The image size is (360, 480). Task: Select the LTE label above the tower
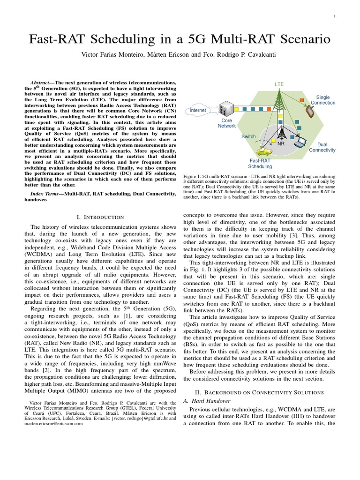[x=279, y=84]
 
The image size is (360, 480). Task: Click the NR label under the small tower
[x=281, y=143]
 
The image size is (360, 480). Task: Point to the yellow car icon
[x=264, y=151]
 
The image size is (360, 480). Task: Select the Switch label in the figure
[x=248, y=137]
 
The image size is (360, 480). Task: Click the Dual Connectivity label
[x=322, y=147]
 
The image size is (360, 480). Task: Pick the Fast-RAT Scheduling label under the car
[x=260, y=163]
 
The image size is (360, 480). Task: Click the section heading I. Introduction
[x=100, y=217]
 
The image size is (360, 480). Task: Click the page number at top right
[x=334, y=16]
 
